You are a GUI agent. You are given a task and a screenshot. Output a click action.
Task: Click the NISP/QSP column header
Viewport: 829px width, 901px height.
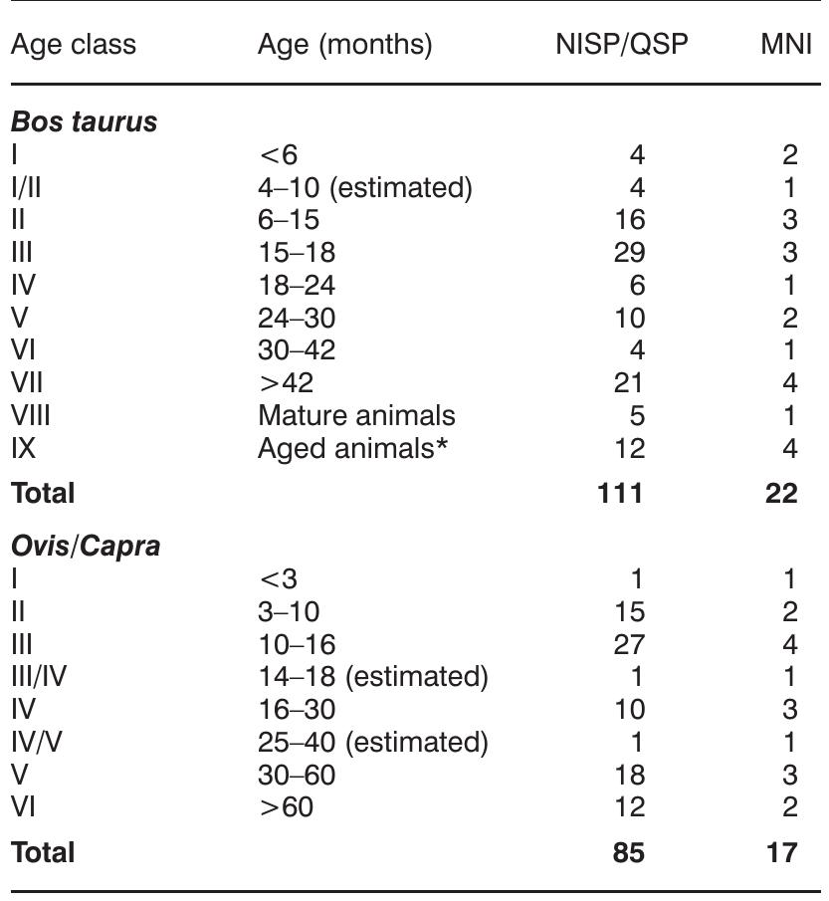pos(621,46)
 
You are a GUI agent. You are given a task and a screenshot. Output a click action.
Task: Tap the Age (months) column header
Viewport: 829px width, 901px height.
pos(344,46)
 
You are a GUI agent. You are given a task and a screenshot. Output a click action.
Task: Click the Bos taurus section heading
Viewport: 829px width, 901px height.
pos(84,122)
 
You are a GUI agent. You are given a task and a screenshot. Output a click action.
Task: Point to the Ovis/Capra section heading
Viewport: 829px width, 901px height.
pos(85,547)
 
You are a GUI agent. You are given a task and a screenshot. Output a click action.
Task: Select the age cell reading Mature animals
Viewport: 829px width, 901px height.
pos(356,415)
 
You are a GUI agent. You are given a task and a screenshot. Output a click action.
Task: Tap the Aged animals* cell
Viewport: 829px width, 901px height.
pos(351,448)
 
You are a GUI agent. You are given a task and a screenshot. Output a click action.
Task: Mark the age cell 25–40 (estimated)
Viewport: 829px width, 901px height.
pos(372,742)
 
